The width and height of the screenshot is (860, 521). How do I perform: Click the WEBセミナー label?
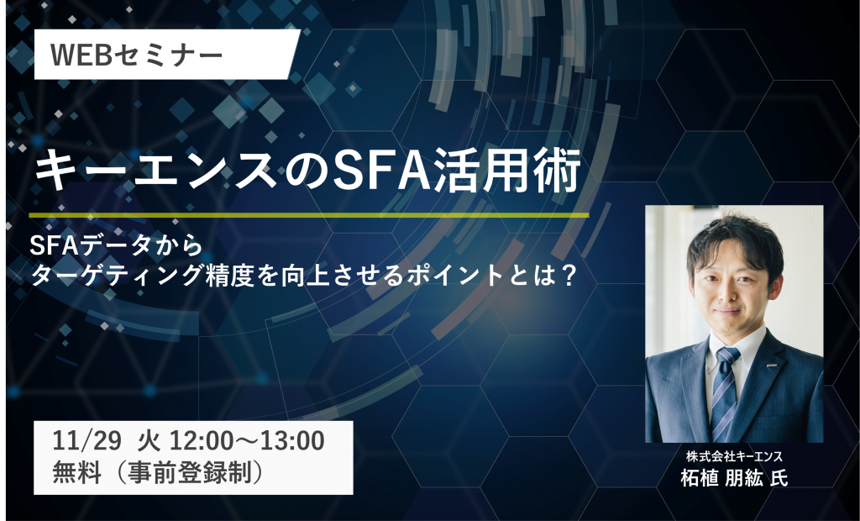pyautogui.click(x=137, y=55)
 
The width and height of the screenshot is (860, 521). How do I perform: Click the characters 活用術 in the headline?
pyautogui.click(x=506, y=171)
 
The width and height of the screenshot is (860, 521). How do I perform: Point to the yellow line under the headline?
pyautogui.click(x=309, y=214)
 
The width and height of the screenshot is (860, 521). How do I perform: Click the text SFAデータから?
pyautogui.click(x=116, y=245)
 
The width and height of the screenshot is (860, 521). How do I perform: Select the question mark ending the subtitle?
pyautogui.click(x=568, y=275)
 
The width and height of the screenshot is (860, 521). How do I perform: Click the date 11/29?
pyautogui.click(x=87, y=440)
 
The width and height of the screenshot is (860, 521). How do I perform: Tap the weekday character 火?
pyautogui.click(x=148, y=441)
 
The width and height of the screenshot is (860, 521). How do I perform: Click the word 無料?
pyautogui.click(x=76, y=473)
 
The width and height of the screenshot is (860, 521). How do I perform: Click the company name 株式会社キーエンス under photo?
pyautogui.click(x=734, y=456)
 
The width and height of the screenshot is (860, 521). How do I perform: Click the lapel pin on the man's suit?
pyautogui.click(x=779, y=364)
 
